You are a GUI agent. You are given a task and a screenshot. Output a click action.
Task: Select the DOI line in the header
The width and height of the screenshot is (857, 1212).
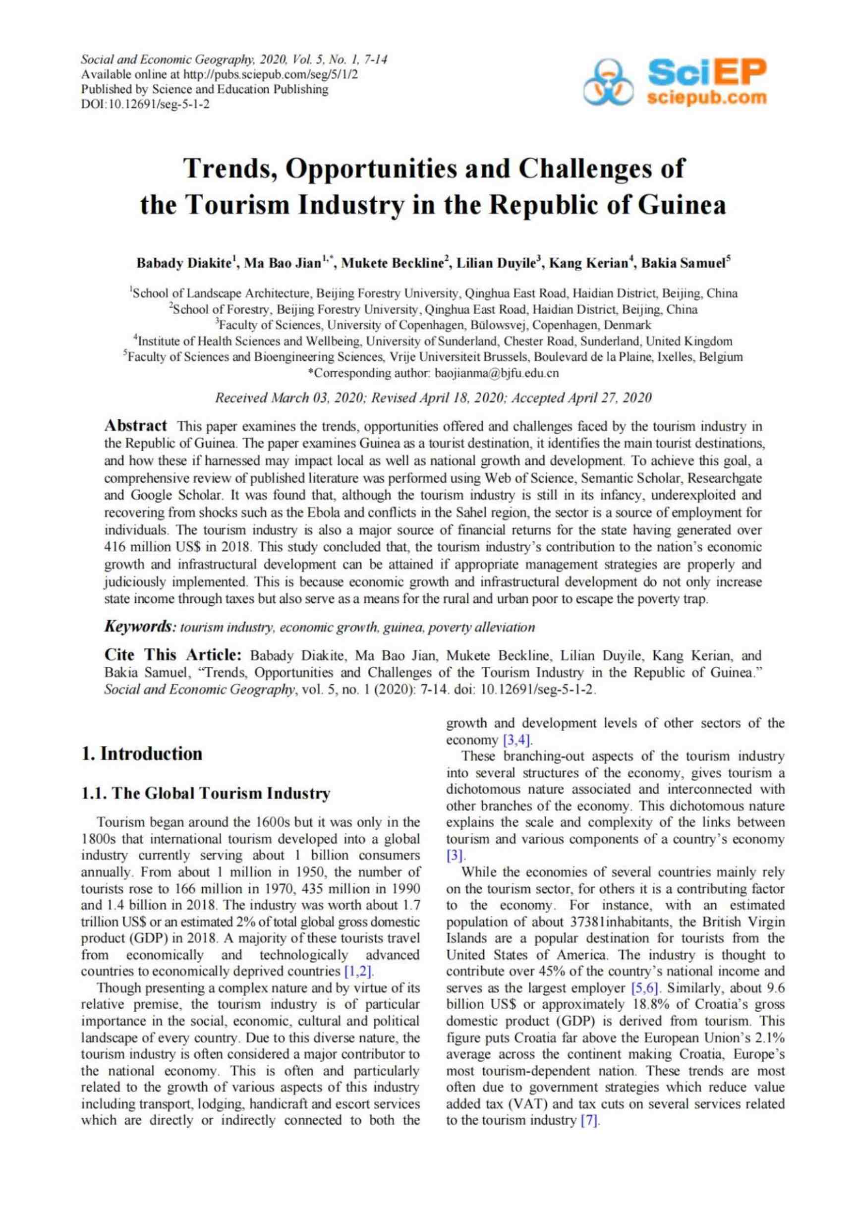pyautogui.click(x=145, y=104)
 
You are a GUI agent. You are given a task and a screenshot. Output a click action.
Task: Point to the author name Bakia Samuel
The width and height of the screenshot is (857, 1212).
pyautogui.click(x=683, y=263)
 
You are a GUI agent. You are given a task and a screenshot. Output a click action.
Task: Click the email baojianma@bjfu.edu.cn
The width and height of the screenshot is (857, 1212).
pyautogui.click(x=496, y=373)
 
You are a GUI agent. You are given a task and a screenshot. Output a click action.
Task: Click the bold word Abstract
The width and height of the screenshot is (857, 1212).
pyautogui.click(x=136, y=425)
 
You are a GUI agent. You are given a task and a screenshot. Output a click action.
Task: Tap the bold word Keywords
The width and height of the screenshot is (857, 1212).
pyautogui.click(x=139, y=627)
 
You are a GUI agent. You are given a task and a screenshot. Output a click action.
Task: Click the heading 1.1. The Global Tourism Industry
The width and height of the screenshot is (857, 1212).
pyautogui.click(x=206, y=794)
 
